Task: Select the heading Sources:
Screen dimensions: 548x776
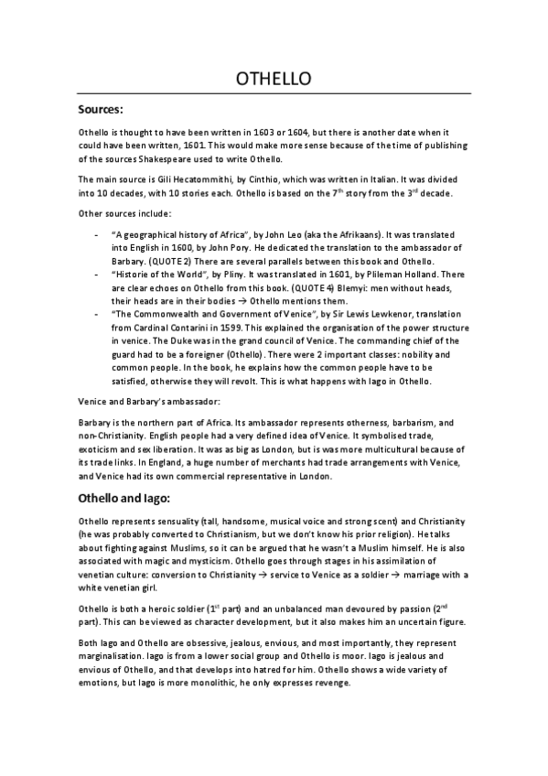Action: click(x=101, y=110)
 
